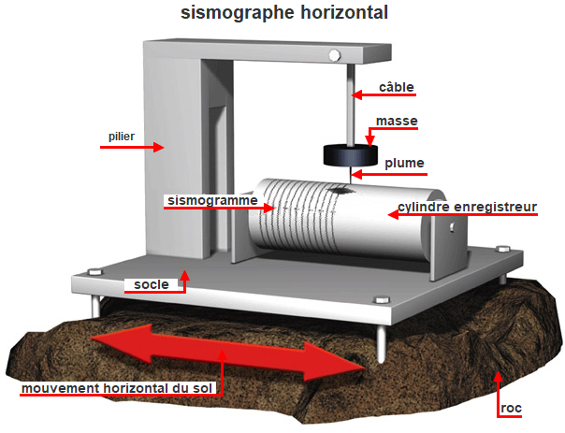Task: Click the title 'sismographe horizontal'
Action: point(282,13)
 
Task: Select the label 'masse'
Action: point(397,122)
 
